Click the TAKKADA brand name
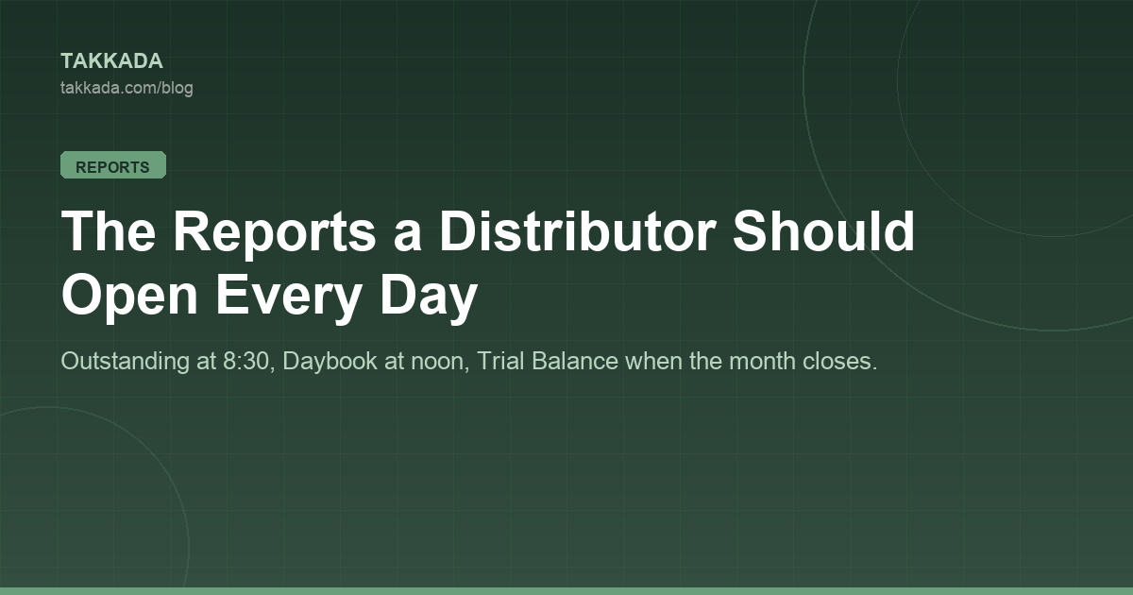[111, 61]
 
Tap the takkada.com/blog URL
[127, 88]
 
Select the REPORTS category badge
[113, 165]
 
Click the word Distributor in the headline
[577, 231]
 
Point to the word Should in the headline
[824, 230]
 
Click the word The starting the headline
[109, 231]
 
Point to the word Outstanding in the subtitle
[125, 362]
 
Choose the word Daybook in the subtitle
[330, 362]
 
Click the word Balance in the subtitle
[575, 361]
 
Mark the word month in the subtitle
[763, 361]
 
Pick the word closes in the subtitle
[839, 361]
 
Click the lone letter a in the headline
[407, 238]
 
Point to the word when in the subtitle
[653, 361]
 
